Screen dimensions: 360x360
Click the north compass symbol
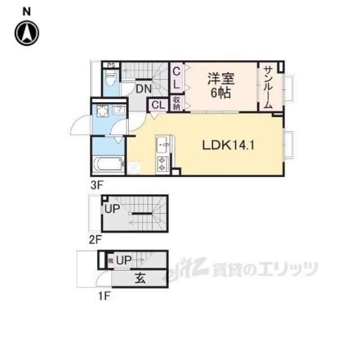(26, 32)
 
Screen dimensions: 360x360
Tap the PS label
(111, 65)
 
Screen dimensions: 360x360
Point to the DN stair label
(143, 88)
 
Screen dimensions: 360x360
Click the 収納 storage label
(176, 104)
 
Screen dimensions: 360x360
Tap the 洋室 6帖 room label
(220, 86)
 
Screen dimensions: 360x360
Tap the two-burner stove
(162, 164)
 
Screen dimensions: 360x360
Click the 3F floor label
(96, 183)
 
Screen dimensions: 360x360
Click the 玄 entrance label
(138, 278)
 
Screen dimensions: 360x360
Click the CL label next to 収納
(157, 105)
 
